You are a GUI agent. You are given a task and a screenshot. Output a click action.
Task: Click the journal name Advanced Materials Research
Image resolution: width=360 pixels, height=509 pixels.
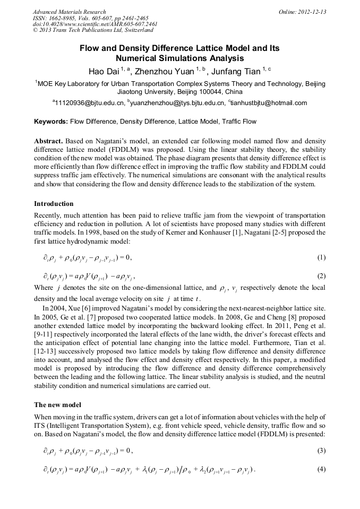pos(69,12)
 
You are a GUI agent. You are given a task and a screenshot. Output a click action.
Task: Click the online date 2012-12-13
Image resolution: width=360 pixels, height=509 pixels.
pos(312,12)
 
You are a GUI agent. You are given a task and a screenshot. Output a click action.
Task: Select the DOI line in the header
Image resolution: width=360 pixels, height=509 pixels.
pos(95,24)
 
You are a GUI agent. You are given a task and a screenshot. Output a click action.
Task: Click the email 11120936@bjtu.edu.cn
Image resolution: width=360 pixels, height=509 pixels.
pos(90,103)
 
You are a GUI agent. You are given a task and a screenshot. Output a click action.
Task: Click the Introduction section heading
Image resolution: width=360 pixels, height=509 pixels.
pos(54,204)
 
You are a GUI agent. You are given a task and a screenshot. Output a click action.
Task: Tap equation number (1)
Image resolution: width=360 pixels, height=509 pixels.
pos(321,257)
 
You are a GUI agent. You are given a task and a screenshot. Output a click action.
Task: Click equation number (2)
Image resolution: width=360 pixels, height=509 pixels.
pos(321,276)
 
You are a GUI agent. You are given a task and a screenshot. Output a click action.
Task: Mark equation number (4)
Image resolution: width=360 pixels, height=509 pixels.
pos(321,469)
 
